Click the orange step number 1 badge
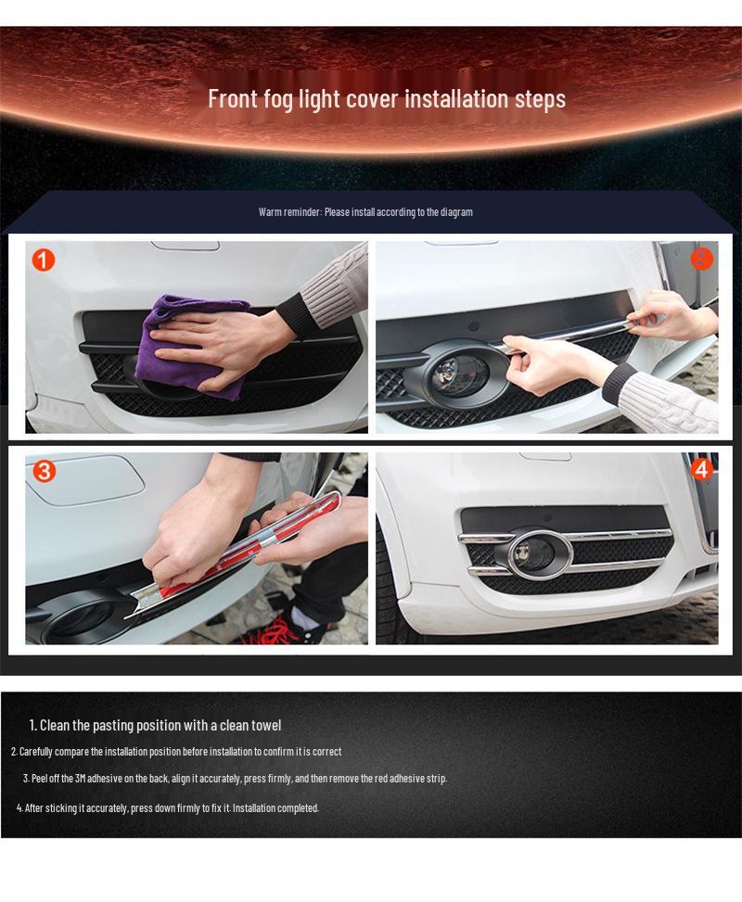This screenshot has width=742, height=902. (44, 260)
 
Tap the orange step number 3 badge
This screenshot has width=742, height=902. (44, 471)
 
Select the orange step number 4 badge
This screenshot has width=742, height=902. (701, 470)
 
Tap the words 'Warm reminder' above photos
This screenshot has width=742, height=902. (288, 212)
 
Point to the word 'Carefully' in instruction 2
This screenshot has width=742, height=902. (37, 752)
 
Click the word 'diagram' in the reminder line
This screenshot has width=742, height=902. (456, 212)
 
